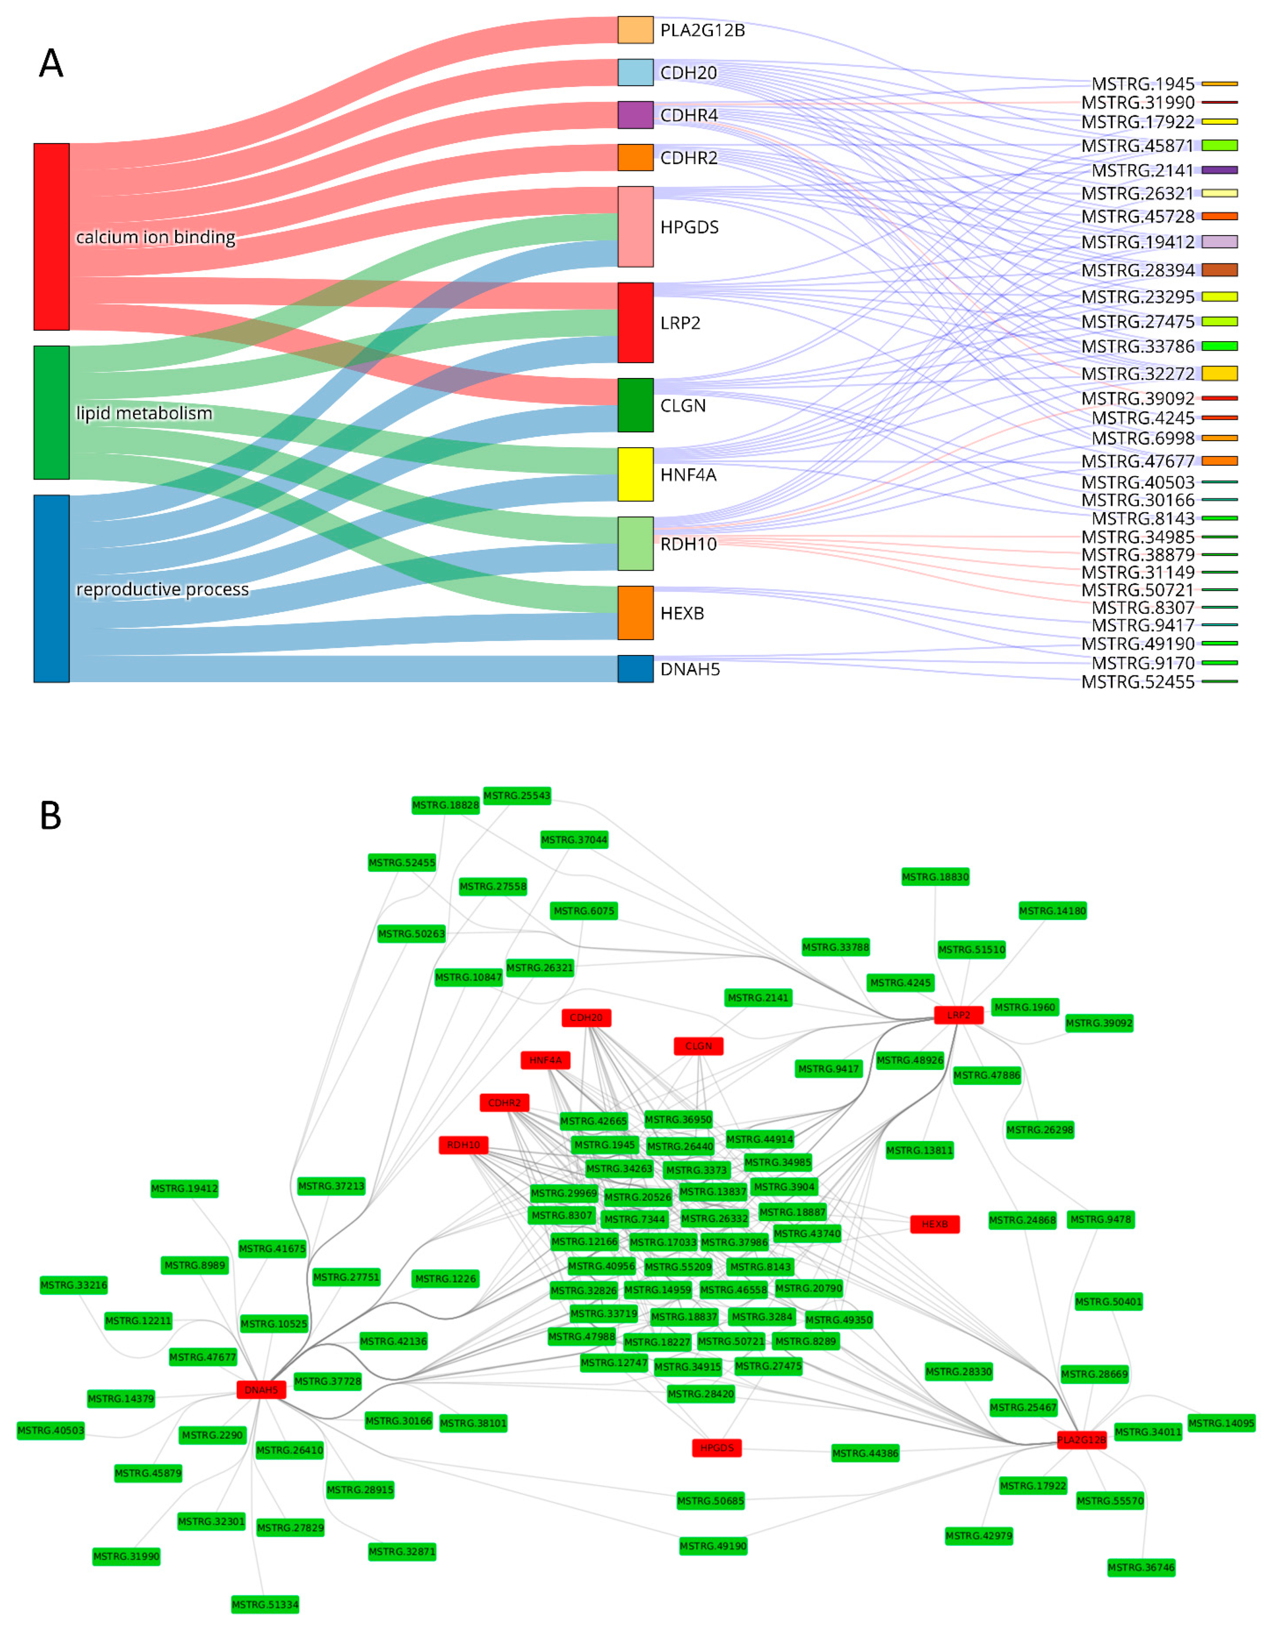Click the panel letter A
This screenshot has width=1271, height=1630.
tap(51, 64)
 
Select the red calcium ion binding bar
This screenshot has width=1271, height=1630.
tap(52, 237)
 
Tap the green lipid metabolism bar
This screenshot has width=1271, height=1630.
tap(52, 412)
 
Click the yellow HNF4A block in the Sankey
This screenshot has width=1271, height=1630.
tap(635, 474)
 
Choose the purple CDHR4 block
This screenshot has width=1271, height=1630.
tap(635, 115)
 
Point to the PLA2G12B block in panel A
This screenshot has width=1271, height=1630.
tap(635, 30)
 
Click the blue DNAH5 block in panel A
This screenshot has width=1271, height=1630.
tap(635, 669)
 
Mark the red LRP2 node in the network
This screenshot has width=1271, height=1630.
tap(958, 1015)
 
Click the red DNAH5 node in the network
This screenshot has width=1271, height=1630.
tap(261, 1390)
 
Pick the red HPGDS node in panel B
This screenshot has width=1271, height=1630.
tap(716, 1448)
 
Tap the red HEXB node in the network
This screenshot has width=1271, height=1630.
tap(935, 1224)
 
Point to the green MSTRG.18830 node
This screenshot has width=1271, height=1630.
tap(935, 877)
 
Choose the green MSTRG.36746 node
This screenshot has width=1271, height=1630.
tap(1141, 1567)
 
